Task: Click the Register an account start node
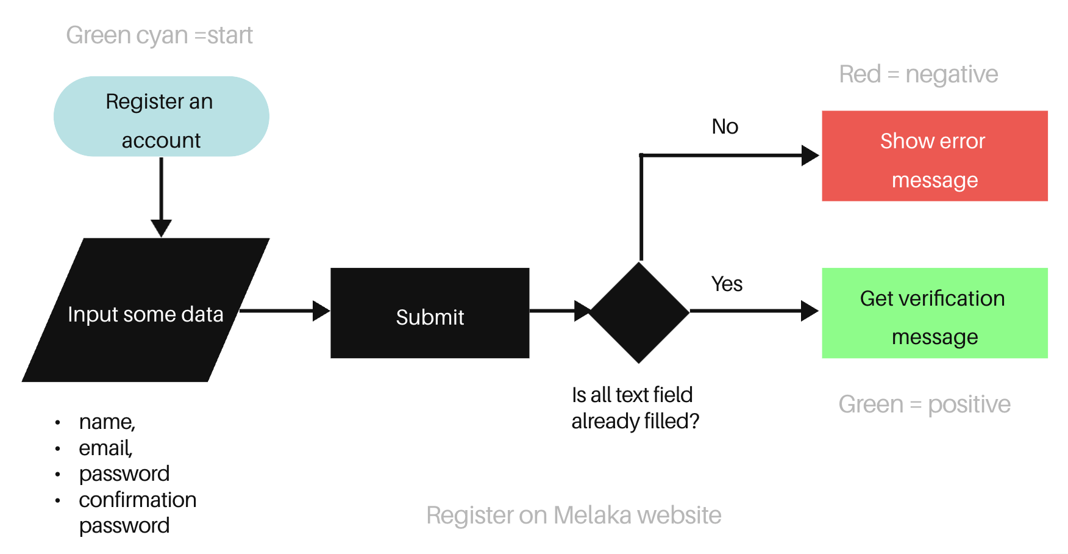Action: [161, 117]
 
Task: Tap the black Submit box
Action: [430, 313]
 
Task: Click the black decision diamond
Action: [639, 312]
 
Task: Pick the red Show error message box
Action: [934, 156]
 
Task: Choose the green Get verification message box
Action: [934, 313]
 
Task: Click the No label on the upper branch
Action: [725, 127]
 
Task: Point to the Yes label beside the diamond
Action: [727, 284]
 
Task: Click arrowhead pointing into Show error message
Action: [810, 156]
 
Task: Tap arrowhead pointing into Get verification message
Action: [809, 311]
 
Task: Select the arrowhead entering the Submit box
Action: [321, 311]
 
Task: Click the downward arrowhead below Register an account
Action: [161, 228]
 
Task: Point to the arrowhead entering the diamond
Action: [582, 311]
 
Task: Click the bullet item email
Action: [105, 448]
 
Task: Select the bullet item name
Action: [107, 422]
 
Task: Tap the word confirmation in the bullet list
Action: [138, 500]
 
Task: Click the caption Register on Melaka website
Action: [573, 516]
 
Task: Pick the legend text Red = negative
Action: [918, 74]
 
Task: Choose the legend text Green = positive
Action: [924, 405]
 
